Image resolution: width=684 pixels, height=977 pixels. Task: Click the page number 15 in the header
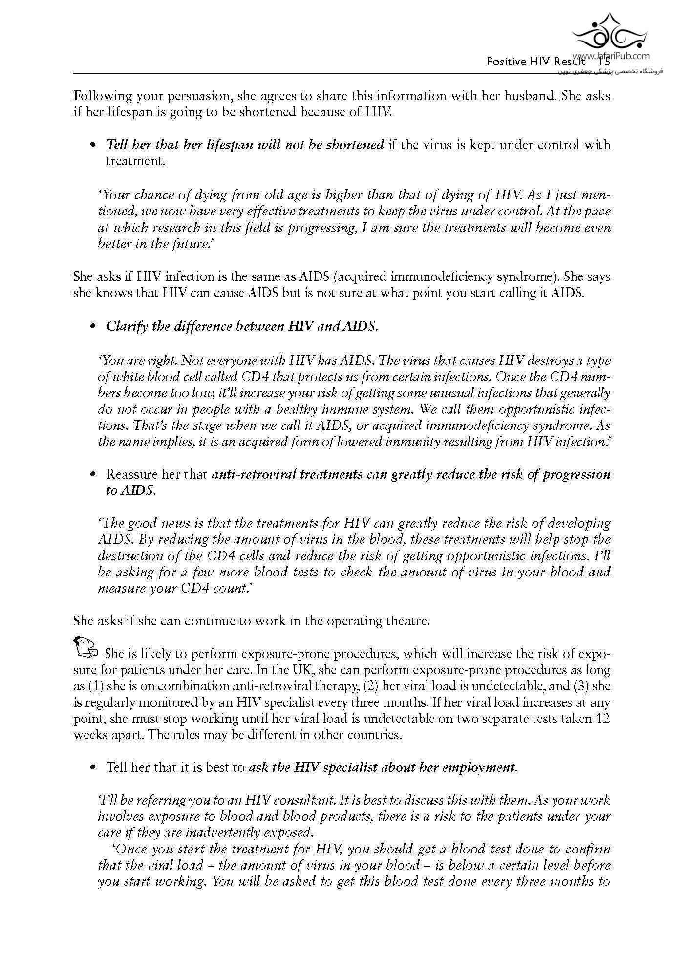604,62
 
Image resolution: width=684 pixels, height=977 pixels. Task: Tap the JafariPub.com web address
620,57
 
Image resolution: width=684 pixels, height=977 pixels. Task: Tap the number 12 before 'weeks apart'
603,719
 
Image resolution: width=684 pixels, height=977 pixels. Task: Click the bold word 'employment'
478,767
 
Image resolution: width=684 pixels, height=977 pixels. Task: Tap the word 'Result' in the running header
570,62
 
